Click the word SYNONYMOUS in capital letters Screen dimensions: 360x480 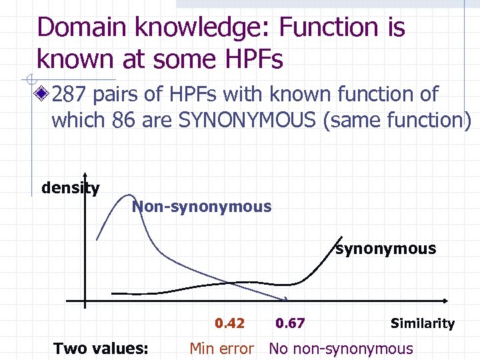click(x=267, y=121)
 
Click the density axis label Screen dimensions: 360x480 click(x=70, y=188)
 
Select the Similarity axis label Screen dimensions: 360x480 click(x=422, y=323)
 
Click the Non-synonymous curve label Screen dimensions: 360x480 click(x=201, y=207)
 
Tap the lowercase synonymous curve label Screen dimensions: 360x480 click(x=385, y=249)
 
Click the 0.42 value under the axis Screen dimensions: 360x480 click(x=229, y=323)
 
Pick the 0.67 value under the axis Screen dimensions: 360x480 click(x=290, y=323)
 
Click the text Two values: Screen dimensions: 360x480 click(x=101, y=348)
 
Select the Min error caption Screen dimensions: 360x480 click(x=221, y=348)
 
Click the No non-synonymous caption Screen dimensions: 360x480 click(x=341, y=348)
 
